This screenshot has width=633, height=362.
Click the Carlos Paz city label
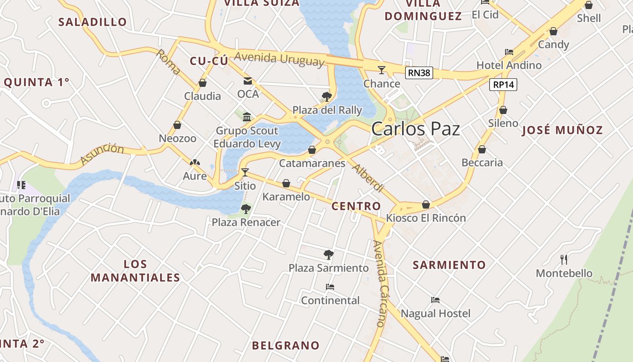(x=416, y=129)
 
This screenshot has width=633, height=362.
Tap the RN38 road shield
(x=419, y=73)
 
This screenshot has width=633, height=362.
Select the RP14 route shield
(x=503, y=85)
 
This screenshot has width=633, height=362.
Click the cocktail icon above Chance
(x=382, y=70)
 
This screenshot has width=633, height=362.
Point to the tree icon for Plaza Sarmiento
(x=329, y=254)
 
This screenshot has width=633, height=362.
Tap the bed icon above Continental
(x=330, y=287)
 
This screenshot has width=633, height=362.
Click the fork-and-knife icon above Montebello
(x=563, y=260)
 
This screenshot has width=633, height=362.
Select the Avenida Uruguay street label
(x=279, y=59)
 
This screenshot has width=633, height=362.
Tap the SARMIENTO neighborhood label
(x=449, y=265)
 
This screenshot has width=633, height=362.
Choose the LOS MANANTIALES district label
(x=135, y=271)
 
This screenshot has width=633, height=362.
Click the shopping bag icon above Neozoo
(x=177, y=125)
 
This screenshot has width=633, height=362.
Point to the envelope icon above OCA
(x=248, y=81)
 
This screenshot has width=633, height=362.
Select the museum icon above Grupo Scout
(x=247, y=117)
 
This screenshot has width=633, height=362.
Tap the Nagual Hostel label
(x=435, y=314)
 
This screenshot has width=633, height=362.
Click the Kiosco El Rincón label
(x=425, y=218)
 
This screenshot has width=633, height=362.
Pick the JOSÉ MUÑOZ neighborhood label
(x=562, y=130)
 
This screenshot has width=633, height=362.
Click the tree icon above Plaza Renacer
(x=246, y=209)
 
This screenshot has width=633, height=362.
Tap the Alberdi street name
(x=368, y=178)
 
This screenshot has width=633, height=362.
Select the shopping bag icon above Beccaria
(x=482, y=149)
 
